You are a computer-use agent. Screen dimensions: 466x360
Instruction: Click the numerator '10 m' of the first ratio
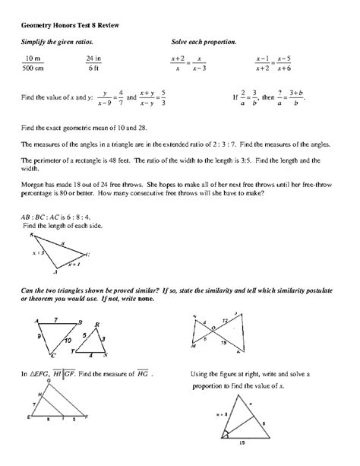(33, 59)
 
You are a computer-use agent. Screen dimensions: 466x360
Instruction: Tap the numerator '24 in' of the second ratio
(93, 59)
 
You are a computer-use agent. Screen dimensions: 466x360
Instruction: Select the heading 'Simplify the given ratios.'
(58, 40)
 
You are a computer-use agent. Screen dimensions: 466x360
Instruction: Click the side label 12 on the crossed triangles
(225, 320)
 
